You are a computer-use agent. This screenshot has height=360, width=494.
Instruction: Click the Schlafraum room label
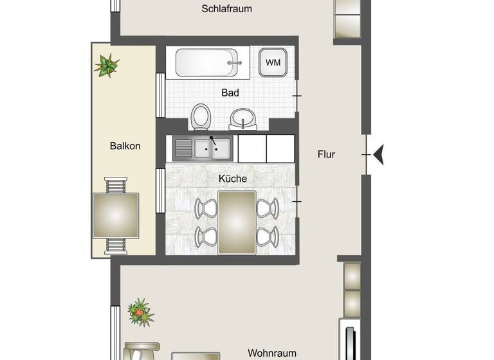tap(226, 9)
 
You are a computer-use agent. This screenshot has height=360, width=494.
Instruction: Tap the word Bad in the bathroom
tap(230, 93)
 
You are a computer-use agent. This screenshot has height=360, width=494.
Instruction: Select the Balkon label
tap(125, 146)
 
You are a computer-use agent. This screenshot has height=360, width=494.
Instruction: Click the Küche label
tap(232, 179)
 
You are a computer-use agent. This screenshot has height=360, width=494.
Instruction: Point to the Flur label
tap(327, 154)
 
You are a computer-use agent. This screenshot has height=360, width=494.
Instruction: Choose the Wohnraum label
tap(272, 353)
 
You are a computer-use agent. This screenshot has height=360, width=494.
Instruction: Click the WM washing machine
tap(273, 63)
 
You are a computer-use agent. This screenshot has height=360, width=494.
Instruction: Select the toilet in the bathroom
tap(201, 117)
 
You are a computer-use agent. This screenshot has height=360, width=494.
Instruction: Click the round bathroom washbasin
tap(242, 119)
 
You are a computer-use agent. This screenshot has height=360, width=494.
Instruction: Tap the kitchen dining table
tap(237, 222)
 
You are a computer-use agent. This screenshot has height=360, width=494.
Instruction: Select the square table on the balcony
tap(116, 215)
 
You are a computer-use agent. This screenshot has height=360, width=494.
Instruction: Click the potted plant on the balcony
tap(107, 65)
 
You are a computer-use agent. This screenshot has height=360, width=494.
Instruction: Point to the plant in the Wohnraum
tap(140, 312)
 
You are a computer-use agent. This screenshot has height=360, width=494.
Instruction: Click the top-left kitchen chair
tap(206, 208)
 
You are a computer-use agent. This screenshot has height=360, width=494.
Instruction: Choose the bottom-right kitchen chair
tap(268, 236)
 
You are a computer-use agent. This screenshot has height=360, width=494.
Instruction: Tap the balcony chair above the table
tap(116, 186)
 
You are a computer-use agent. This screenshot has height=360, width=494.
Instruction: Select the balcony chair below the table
tap(116, 245)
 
